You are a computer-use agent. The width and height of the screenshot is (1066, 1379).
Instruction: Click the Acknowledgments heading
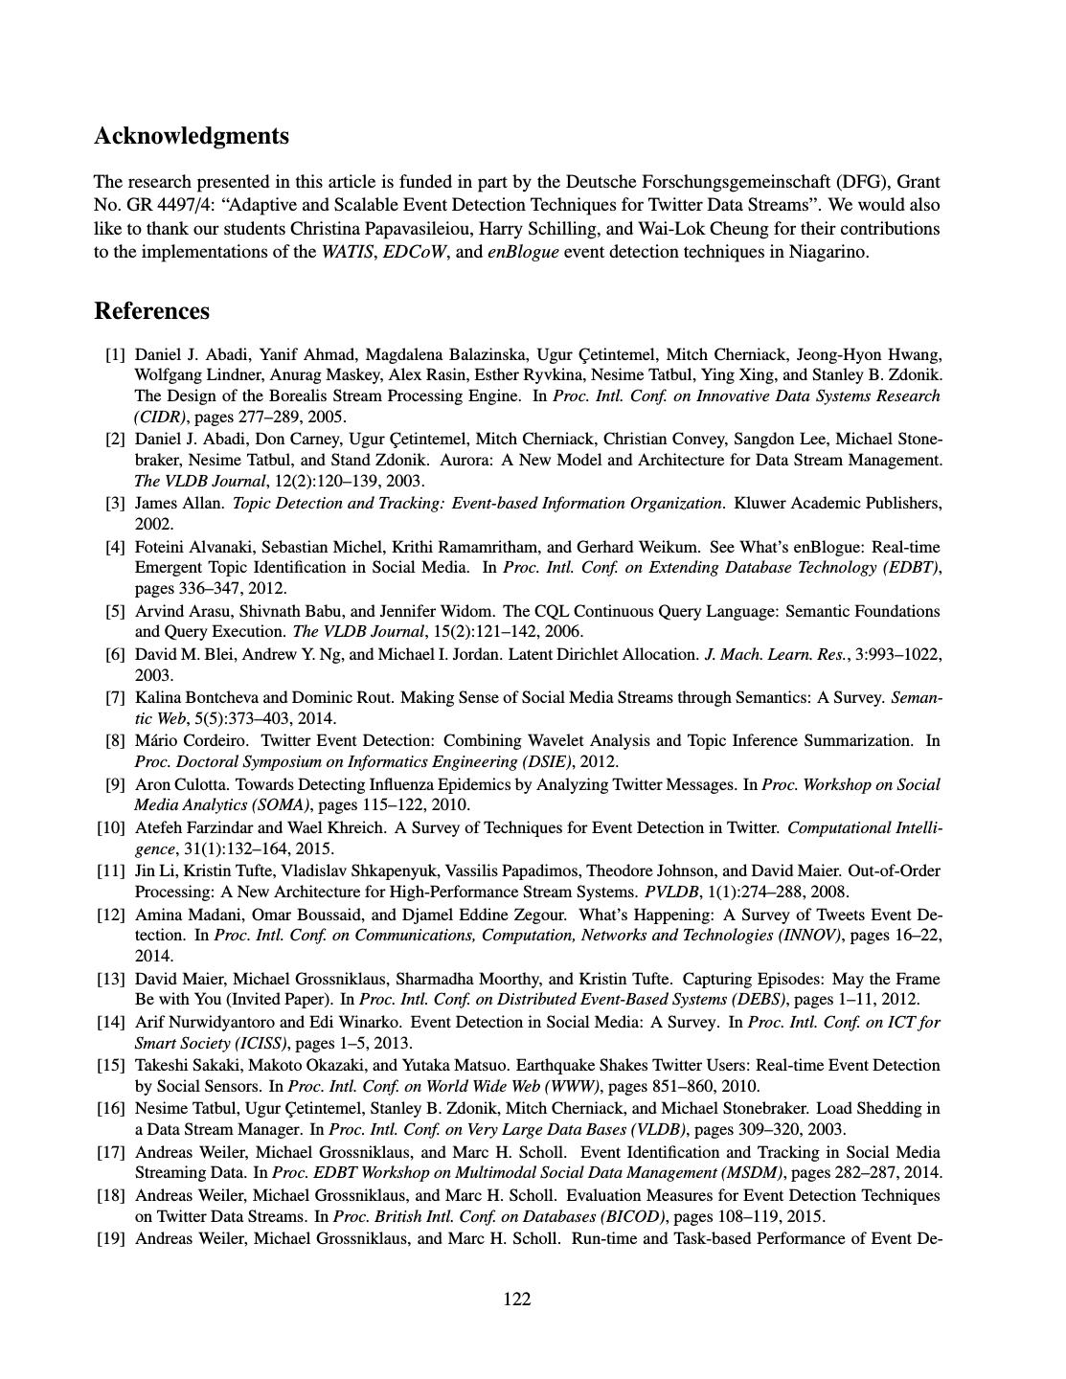click(192, 136)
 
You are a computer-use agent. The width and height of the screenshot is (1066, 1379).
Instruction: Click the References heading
click(151, 311)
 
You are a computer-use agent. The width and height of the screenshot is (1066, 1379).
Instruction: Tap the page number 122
click(517, 1299)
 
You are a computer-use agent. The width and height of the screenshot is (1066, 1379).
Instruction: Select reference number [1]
click(115, 354)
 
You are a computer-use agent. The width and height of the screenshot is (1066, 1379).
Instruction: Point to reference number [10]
click(111, 827)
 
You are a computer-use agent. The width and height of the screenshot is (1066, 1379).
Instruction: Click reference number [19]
click(111, 1238)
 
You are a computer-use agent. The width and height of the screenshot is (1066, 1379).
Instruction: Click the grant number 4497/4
click(198, 205)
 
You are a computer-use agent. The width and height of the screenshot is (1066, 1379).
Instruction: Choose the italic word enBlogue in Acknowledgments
click(523, 252)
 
